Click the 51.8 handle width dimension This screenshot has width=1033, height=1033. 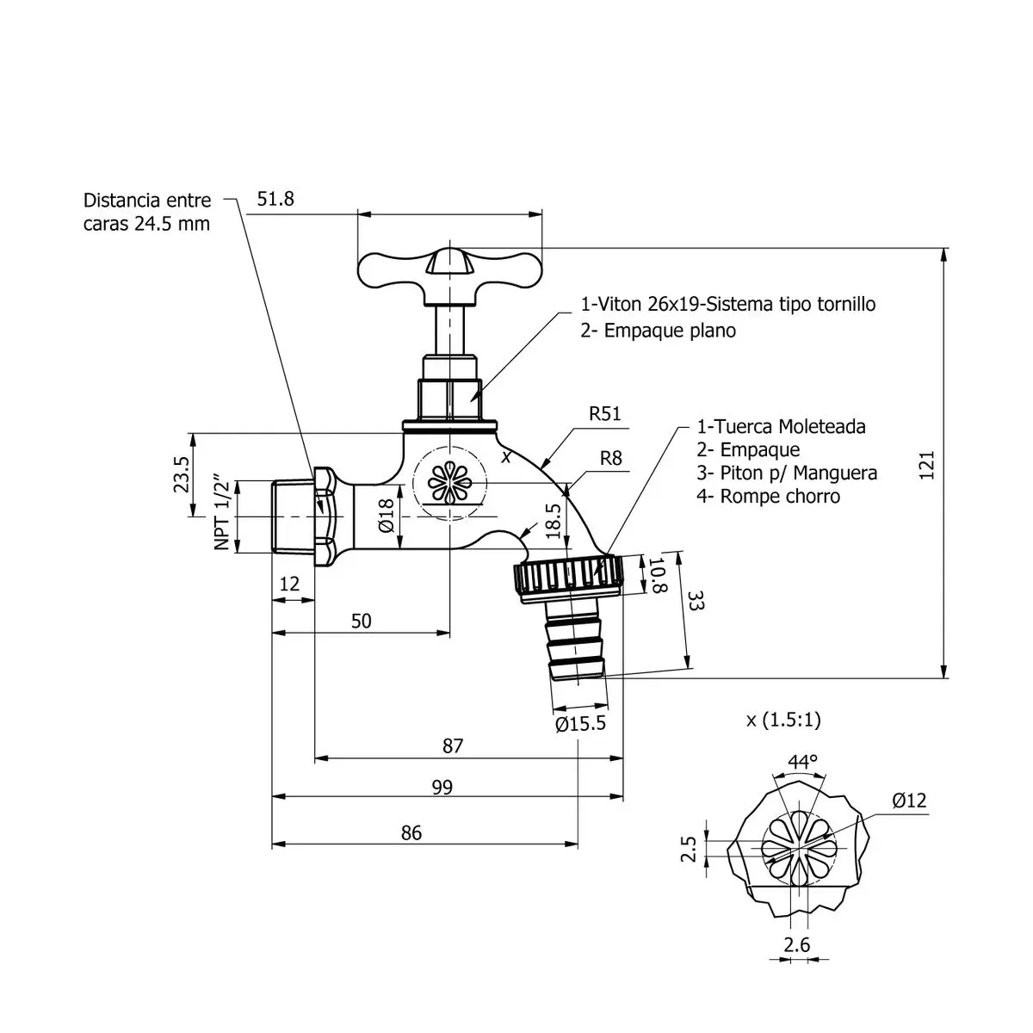[275, 199]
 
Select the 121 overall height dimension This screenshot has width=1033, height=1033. [927, 466]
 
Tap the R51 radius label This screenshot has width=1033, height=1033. [605, 414]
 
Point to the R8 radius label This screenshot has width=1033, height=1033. [610, 458]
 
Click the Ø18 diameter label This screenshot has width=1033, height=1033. [386, 515]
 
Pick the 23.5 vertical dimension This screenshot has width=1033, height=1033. [181, 474]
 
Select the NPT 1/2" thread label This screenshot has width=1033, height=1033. [222, 512]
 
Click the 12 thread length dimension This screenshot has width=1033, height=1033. [289, 584]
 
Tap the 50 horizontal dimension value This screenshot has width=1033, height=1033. [362, 621]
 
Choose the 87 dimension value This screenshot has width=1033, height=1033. [453, 745]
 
